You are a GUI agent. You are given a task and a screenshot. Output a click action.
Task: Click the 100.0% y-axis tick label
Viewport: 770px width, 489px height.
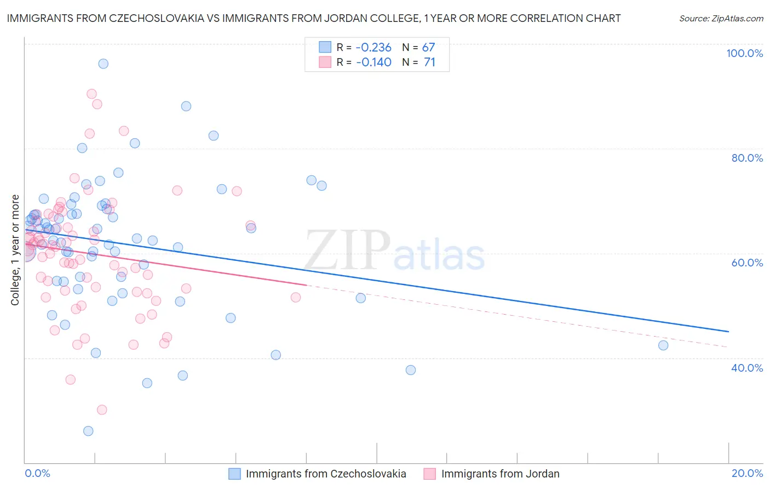[744, 53]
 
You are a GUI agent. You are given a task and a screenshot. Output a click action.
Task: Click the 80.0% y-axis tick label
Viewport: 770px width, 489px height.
[747, 158]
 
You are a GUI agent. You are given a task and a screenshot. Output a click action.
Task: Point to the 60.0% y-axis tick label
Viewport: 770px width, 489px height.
[747, 263]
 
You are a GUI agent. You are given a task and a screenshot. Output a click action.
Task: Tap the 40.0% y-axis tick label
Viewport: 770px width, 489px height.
[747, 368]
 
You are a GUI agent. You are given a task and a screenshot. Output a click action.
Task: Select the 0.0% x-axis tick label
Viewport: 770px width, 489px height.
[37, 473]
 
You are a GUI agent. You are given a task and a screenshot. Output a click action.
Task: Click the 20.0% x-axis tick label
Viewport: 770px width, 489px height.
[747, 473]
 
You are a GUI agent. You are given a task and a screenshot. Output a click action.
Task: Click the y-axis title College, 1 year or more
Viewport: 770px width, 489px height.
[15, 250]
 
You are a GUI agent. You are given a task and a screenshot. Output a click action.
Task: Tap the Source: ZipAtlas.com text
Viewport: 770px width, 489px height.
[721, 18]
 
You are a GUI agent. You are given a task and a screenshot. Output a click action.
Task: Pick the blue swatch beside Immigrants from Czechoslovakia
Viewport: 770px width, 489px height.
[234, 474]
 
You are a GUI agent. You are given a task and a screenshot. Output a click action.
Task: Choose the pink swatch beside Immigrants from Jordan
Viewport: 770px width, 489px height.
[430, 474]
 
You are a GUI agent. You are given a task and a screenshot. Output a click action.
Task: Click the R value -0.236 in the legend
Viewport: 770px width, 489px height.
[373, 47]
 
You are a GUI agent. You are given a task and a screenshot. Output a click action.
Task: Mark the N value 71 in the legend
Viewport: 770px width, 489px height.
[429, 62]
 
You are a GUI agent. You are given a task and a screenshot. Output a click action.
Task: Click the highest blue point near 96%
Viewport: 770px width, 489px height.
[103, 64]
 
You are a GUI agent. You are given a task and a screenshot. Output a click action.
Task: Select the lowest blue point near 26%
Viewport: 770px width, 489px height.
[88, 431]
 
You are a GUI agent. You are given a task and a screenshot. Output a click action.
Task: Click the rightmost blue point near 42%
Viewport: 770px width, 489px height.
[663, 345]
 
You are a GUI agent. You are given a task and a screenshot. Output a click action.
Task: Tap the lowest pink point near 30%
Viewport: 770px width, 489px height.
[102, 410]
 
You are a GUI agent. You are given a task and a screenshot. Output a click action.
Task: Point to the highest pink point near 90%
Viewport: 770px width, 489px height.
[91, 94]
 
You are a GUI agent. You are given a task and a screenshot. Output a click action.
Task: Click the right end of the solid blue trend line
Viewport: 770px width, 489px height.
[728, 332]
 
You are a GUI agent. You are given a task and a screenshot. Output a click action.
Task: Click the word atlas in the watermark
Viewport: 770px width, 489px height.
[439, 256]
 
